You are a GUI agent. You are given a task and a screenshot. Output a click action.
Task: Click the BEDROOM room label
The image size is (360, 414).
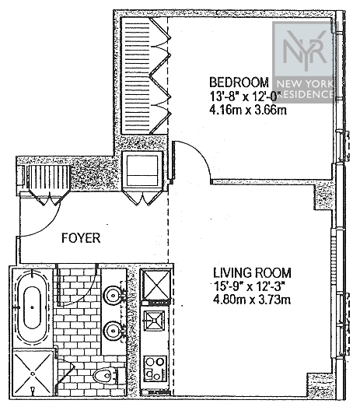tap(239, 82)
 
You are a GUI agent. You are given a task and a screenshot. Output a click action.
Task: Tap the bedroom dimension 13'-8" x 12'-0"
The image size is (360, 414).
tap(243, 96)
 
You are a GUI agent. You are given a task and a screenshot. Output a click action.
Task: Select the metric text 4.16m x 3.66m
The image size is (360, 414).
tap(248, 110)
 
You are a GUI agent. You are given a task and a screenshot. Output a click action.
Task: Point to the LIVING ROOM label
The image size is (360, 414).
tap(252, 272)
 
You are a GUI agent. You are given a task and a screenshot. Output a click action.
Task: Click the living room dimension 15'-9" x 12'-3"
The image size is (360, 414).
tap(250, 286)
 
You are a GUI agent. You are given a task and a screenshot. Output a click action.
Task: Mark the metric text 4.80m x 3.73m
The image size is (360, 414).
tap(252, 300)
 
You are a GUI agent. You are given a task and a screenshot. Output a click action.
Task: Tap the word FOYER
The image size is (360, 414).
tap(81, 238)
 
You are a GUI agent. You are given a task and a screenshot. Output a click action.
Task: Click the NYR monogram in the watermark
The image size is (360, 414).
tap(304, 50)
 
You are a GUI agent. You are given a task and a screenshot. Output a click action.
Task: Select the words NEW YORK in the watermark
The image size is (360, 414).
tap(305, 84)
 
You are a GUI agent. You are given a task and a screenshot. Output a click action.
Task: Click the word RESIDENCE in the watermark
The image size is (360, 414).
tap(305, 94)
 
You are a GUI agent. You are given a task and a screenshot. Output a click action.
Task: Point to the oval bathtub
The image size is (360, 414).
tap(32, 308)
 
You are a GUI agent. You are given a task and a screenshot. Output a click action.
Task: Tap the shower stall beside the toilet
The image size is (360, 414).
tap(33, 373)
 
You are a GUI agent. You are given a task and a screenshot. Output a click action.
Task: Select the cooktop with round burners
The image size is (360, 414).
tap(155, 369)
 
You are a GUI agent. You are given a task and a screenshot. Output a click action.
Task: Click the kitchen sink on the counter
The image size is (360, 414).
tap(154, 320)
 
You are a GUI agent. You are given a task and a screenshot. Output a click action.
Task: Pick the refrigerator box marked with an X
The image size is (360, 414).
tap(156, 285)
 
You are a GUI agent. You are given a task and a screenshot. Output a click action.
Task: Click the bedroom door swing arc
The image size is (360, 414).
tap(201, 153)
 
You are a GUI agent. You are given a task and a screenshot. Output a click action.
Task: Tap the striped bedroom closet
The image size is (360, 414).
tap(137, 76)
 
